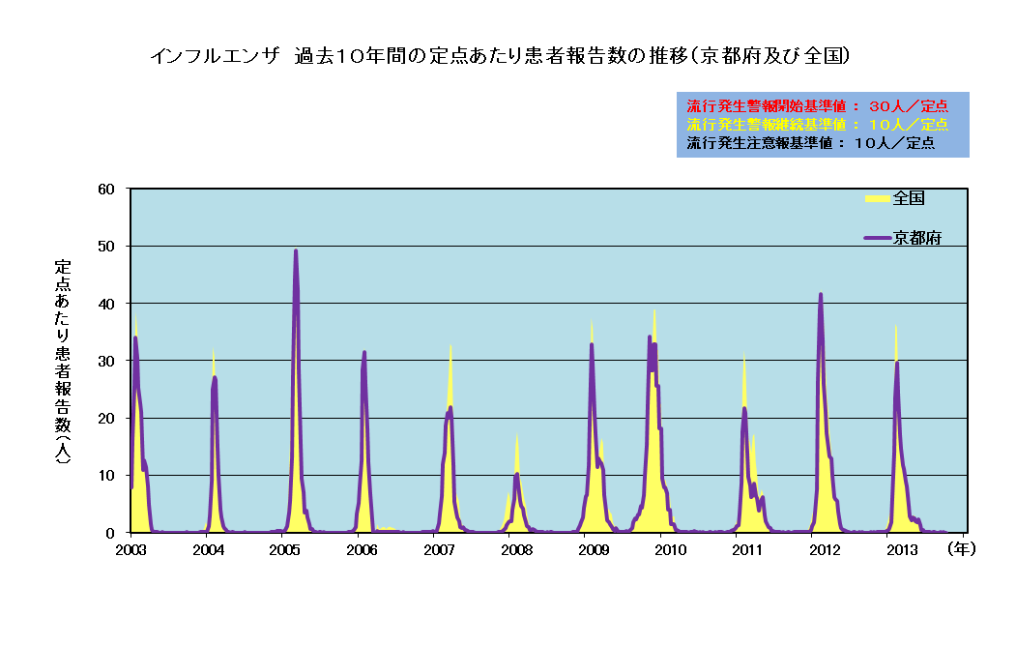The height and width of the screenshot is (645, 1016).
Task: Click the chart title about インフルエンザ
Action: click(x=500, y=56)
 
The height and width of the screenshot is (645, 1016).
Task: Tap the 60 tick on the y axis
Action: click(x=108, y=189)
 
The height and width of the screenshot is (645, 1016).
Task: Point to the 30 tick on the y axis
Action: click(x=108, y=361)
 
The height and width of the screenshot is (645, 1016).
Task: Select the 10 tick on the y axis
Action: click(x=108, y=475)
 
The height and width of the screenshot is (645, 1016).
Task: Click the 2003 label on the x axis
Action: click(x=131, y=549)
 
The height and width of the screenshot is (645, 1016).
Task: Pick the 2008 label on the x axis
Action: click(x=516, y=549)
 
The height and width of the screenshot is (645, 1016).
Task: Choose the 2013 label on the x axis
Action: click(x=902, y=549)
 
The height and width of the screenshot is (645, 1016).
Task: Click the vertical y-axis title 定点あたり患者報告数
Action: click(x=62, y=361)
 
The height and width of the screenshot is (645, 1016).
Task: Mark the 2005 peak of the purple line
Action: click(x=296, y=250)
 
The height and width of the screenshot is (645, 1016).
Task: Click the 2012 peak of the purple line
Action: click(x=821, y=294)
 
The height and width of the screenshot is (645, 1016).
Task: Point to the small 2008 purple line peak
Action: click(x=517, y=474)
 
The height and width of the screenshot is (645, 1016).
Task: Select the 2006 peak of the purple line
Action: click(x=364, y=352)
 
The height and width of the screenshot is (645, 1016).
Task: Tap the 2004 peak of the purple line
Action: click(x=215, y=377)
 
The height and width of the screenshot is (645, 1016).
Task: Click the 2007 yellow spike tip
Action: click(x=450, y=345)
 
